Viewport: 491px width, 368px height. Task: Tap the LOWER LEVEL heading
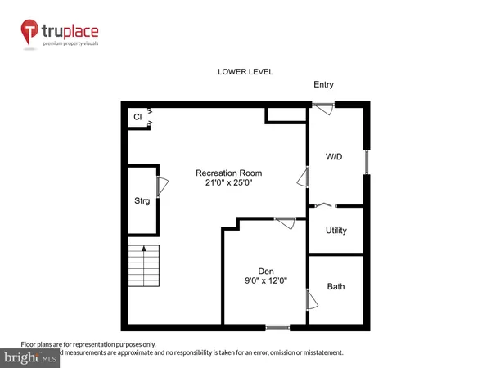click(x=245, y=72)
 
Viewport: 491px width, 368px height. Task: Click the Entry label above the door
click(x=323, y=85)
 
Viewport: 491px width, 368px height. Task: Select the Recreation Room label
click(x=228, y=173)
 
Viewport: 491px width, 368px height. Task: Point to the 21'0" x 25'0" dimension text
click(x=228, y=184)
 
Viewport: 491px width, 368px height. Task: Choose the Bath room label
click(x=336, y=287)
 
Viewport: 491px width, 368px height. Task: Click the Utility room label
click(x=336, y=231)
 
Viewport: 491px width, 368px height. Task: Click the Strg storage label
click(x=142, y=200)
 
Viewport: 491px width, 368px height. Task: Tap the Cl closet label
click(x=137, y=117)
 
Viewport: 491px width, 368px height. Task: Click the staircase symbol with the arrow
click(x=143, y=265)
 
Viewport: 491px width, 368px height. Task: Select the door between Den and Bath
click(x=309, y=300)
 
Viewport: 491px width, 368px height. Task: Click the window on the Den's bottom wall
click(x=277, y=327)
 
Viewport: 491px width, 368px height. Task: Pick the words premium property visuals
click(x=85, y=47)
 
